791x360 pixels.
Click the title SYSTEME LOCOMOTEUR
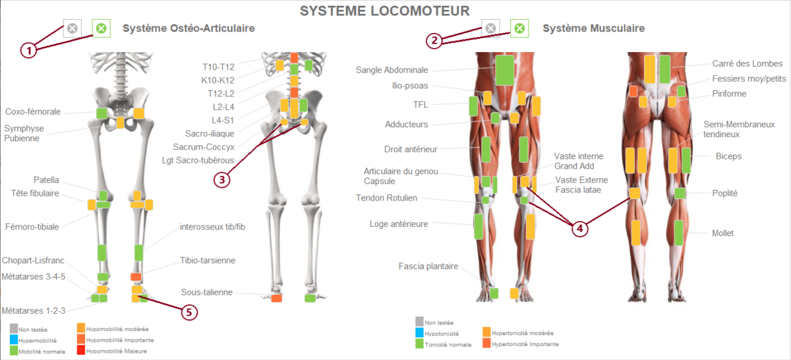pyautogui.click(x=385, y=11)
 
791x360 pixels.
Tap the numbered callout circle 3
pyautogui.click(x=224, y=179)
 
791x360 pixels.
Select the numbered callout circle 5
pyautogui.click(x=190, y=312)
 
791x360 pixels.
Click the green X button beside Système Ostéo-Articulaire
pyautogui.click(x=101, y=28)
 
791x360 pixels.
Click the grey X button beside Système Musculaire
pyautogui.click(x=490, y=28)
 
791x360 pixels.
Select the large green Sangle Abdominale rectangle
pyautogui.click(x=505, y=70)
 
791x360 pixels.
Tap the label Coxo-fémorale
pyautogui.click(x=33, y=112)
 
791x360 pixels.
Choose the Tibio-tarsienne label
pyautogui.click(x=208, y=261)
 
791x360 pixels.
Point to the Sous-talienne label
pyautogui.click(x=208, y=292)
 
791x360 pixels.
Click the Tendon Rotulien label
pyautogui.click(x=386, y=198)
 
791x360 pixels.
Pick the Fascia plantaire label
pyautogui.click(x=428, y=266)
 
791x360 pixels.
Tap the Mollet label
pyautogui.click(x=722, y=233)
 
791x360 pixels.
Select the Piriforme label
pyautogui.click(x=729, y=94)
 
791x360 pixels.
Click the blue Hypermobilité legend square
pyautogui.click(x=14, y=340)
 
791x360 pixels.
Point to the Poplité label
pyautogui.click(x=724, y=193)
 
